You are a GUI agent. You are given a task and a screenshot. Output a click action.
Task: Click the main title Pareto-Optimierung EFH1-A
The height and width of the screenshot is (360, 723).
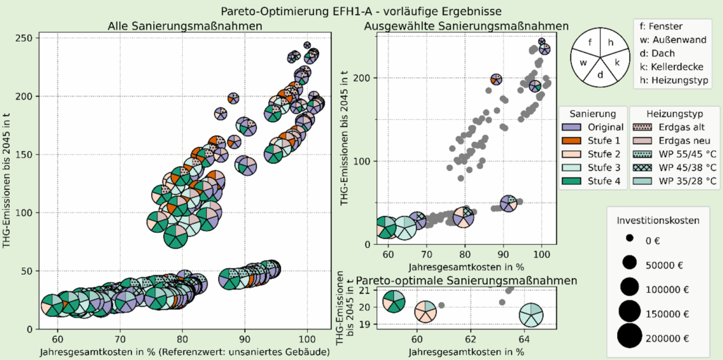(361, 11)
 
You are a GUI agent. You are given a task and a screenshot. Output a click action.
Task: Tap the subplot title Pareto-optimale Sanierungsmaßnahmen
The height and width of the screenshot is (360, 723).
(466, 280)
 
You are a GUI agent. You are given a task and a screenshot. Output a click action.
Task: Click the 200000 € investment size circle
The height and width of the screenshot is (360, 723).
(630, 334)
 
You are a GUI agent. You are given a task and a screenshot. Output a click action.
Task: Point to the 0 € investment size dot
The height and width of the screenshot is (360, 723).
(630, 239)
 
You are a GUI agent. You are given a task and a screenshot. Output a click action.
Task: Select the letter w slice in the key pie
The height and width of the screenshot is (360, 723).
(584, 63)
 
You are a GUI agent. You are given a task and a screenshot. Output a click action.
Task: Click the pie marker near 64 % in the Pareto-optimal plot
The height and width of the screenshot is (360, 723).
(531, 315)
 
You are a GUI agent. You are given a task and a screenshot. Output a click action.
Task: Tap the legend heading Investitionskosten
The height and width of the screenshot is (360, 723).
(658, 220)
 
